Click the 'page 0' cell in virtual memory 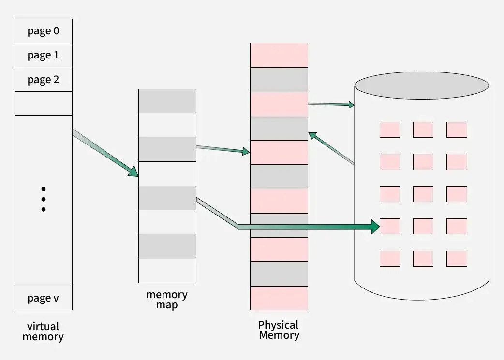pos(44,31)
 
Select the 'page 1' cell pos(44,55)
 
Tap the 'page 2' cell pos(44,79)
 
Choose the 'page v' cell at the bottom pos(44,298)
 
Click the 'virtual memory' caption pos(43,331)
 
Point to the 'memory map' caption pos(167,300)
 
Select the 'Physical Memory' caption pos(279,330)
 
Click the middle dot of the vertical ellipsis pos(44,199)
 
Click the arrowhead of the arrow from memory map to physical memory pos(245,152)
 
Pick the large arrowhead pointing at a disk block pos(375,226)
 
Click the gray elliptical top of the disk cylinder pos(421,86)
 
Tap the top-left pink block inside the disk pos(389,130)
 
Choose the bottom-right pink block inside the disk pos(457,259)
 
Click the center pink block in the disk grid pos(423,194)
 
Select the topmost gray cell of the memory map pos(167,101)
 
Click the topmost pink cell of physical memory pos(279,55)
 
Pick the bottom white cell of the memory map pos(167,271)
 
